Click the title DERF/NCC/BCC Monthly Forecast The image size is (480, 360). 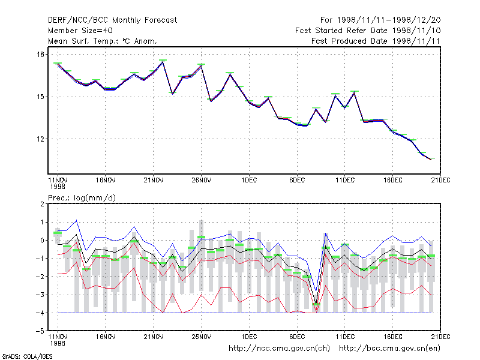(x=112, y=20)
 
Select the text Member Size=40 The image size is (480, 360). (x=80, y=31)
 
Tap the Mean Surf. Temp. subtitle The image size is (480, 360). (x=103, y=41)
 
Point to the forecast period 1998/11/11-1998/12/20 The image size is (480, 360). (x=380, y=20)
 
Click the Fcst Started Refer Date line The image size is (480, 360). (x=368, y=31)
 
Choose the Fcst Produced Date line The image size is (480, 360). (x=376, y=41)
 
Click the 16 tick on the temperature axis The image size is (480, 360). (x=40, y=55)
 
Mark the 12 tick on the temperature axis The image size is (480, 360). (x=40, y=139)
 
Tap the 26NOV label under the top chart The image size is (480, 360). (x=202, y=181)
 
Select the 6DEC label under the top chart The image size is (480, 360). (x=297, y=181)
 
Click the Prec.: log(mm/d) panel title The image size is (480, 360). (x=82, y=198)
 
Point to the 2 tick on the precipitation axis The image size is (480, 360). (x=42, y=204)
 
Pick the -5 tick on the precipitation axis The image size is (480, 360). (x=40, y=331)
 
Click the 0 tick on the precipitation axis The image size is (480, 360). (x=42, y=241)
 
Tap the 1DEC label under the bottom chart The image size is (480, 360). (x=249, y=337)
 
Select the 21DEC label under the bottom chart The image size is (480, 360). (x=440, y=337)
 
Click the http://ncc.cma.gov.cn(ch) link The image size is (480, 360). (x=279, y=349)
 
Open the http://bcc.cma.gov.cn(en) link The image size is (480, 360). (x=389, y=349)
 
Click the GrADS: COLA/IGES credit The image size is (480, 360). (x=27, y=356)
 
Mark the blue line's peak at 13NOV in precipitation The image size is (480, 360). (x=77, y=220)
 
